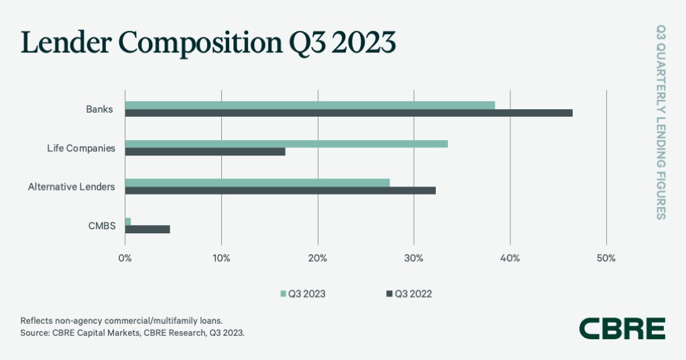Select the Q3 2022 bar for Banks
click(349, 113)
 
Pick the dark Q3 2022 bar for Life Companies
click(205, 152)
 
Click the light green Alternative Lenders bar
click(258, 182)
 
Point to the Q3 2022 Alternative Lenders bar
click(280, 190)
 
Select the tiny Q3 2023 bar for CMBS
click(128, 221)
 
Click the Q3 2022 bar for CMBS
click(148, 229)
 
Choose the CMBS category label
click(102, 226)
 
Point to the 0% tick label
click(125, 258)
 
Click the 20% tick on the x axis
click(317, 258)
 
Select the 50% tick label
click(606, 258)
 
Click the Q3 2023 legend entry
click(302, 293)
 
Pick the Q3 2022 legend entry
click(409, 293)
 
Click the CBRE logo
click(622, 328)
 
